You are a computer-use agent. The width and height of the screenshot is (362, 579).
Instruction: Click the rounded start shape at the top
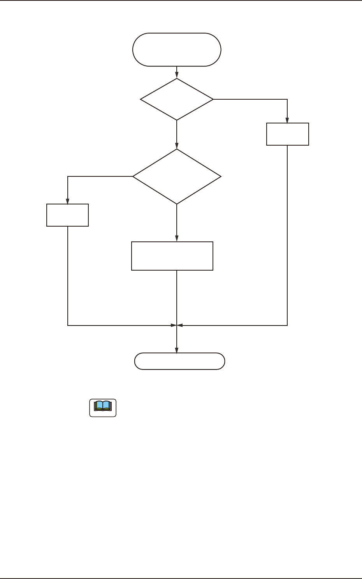177,50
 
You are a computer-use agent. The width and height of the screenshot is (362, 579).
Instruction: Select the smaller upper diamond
177,99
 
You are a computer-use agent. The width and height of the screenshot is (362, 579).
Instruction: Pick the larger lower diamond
177,177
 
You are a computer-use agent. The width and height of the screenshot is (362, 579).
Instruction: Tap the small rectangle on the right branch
288,134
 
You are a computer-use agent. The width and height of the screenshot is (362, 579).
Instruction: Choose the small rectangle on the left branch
68,215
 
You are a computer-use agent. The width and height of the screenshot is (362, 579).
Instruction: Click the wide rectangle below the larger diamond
172,256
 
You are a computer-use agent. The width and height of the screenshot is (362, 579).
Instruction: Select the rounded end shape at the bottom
179,361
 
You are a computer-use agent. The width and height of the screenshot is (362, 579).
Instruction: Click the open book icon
103,407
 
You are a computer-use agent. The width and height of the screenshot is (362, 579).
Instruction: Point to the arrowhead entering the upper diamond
177,76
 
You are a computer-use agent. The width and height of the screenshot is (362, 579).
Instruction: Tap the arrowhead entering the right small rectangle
288,120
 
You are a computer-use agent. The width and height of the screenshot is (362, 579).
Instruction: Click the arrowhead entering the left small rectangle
68,201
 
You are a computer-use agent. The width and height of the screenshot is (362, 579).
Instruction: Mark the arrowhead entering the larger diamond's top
177,146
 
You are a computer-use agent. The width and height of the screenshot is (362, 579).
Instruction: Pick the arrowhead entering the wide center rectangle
177,239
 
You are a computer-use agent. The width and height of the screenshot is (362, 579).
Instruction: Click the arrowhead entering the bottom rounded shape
177,350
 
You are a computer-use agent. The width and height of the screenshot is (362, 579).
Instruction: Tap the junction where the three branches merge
177,325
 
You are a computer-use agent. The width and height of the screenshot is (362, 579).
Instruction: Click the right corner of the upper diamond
213,99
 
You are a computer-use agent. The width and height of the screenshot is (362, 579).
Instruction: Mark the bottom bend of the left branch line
68,325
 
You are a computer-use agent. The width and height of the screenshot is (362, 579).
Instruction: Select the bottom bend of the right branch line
287,325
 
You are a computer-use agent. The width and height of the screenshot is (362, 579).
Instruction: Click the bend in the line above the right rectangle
287,99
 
